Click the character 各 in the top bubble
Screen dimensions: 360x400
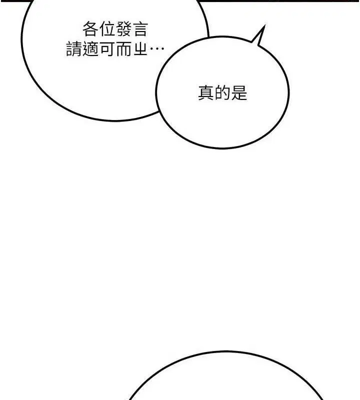point(90,29)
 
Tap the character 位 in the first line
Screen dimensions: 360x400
point(107,29)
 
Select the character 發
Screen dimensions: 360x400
point(123,29)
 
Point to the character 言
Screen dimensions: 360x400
point(140,29)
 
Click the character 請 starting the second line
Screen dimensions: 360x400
point(74,48)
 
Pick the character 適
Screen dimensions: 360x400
point(90,48)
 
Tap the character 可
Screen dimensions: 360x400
point(107,48)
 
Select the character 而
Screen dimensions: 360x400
point(123,48)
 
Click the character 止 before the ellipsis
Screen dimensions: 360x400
point(140,48)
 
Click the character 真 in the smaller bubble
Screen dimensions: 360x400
point(206,92)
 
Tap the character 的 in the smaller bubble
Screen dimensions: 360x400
point(222,92)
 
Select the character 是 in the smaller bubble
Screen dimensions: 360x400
point(239,92)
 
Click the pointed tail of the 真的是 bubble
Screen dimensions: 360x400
point(264,25)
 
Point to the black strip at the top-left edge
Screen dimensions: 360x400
point(16,1)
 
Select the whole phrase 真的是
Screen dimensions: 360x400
point(222,92)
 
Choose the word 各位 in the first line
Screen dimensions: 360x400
point(98,29)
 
